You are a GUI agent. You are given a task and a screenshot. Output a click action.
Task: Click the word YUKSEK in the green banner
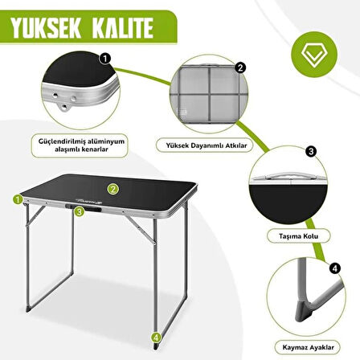tap(46, 27)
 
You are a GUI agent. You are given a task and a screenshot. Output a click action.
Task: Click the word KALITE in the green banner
tap(123, 27)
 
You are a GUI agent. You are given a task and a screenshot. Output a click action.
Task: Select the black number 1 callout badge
tap(105, 59)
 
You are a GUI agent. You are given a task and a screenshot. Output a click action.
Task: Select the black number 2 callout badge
tap(240, 67)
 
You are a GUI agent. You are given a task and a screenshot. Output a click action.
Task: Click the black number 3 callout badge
tap(311, 152)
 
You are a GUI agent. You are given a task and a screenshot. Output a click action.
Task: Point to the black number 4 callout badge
tap(335, 268)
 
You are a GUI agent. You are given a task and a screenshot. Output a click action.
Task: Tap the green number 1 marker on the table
tap(18, 199)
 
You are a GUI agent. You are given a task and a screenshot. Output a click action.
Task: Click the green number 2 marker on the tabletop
tap(113, 189)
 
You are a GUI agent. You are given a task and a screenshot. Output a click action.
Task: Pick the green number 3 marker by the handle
tap(80, 211)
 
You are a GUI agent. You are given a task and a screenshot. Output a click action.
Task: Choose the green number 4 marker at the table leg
tap(157, 337)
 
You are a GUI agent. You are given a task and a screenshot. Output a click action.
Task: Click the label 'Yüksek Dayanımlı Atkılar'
tap(206, 145)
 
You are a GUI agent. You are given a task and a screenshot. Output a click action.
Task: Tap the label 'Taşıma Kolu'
tap(298, 236)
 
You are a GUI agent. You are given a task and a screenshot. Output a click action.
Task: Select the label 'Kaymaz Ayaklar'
tap(308, 347)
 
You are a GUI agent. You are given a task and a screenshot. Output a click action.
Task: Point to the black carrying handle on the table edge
tap(84, 207)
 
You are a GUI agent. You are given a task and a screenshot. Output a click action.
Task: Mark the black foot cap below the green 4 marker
tap(156, 346)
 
